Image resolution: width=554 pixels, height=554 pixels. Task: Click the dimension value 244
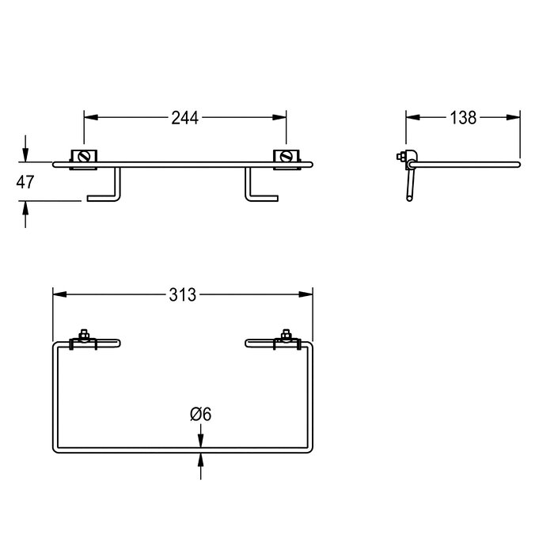pyautogui.click(x=185, y=118)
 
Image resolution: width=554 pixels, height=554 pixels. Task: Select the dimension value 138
pyautogui.click(x=462, y=118)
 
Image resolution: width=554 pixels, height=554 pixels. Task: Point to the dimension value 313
pyautogui.click(x=182, y=295)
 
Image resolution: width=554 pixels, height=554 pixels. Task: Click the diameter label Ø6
pyautogui.click(x=199, y=414)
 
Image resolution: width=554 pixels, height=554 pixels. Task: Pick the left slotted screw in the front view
pyautogui.click(x=84, y=157)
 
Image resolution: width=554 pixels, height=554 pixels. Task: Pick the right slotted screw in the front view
pyautogui.click(x=286, y=157)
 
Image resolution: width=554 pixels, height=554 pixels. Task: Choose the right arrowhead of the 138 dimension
pyautogui.click(x=514, y=118)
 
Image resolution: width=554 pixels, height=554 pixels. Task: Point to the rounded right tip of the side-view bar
pyautogui.click(x=518, y=164)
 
